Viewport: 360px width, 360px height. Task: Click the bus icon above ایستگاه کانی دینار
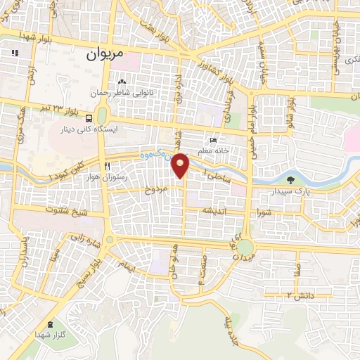(x=90, y=118)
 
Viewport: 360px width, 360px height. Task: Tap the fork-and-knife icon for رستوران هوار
(x=107, y=167)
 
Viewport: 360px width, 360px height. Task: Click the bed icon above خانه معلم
(x=214, y=141)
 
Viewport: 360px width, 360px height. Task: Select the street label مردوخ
(x=155, y=190)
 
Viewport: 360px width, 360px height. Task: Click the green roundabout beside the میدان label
(x=244, y=247)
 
